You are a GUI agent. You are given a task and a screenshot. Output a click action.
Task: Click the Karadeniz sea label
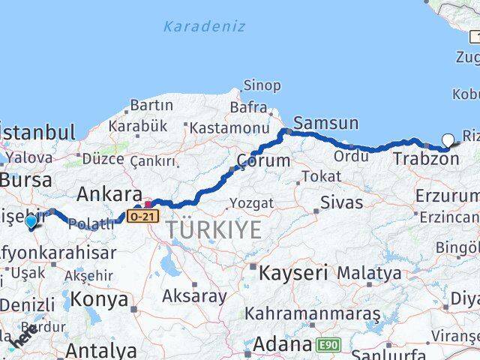(205, 27)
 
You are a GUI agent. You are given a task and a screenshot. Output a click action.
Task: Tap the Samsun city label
(326, 123)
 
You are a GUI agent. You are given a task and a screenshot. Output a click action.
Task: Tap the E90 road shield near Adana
(326, 344)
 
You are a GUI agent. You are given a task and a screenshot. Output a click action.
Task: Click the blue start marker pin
(31, 222)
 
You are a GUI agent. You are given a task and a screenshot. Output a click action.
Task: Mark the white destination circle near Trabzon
(448, 139)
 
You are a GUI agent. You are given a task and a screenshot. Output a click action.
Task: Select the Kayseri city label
(293, 272)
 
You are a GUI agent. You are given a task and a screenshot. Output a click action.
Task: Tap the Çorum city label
(262, 160)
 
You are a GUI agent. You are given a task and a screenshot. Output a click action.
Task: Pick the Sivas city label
(341, 202)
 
